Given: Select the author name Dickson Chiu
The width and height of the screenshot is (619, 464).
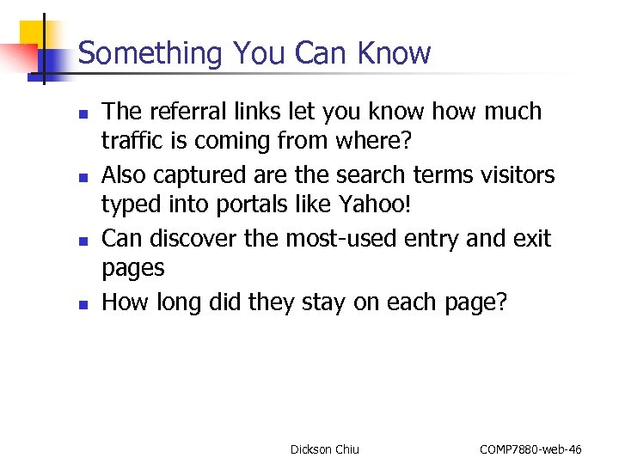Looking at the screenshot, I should point(324,449).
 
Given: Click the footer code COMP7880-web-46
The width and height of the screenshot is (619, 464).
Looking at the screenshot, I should point(530,449).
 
